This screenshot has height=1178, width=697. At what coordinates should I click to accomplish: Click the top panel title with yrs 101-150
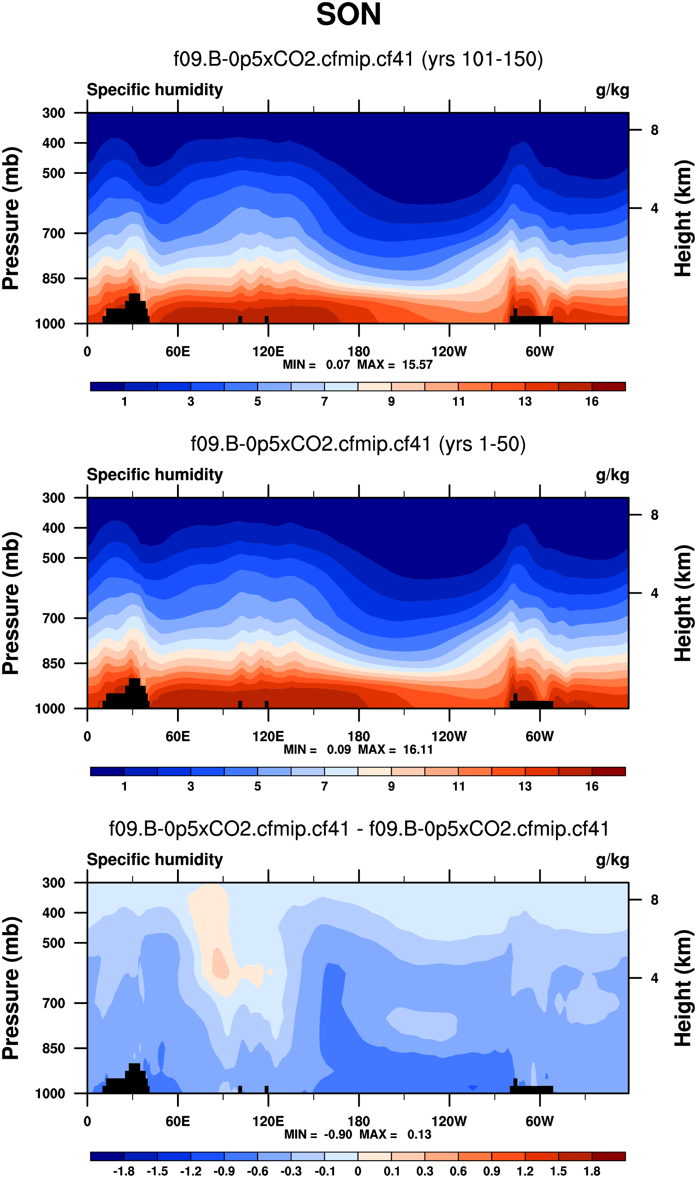358,59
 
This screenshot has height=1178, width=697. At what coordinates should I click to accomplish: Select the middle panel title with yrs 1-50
358,444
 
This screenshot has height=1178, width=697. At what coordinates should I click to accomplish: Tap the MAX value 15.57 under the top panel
417,365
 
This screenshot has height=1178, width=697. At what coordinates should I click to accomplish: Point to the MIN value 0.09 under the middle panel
339,750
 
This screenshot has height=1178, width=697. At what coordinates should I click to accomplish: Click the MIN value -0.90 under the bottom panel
338,1135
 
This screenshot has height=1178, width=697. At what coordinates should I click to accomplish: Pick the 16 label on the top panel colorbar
591,402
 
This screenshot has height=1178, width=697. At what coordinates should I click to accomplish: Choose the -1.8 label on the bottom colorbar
124,1171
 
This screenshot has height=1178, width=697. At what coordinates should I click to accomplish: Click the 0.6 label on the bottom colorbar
458,1171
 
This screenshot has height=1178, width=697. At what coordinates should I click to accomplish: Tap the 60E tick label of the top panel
177,352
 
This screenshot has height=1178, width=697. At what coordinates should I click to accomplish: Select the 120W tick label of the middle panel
449,736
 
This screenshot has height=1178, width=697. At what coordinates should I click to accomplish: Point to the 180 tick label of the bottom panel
358,1122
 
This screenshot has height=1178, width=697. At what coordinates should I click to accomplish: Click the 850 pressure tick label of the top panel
53,279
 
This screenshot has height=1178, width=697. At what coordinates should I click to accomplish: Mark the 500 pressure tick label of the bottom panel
53,943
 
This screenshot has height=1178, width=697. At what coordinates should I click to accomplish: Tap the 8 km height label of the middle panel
654,515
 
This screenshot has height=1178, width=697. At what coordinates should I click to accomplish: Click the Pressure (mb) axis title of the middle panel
11,603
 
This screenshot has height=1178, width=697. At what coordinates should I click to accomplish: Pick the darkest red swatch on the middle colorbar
608,771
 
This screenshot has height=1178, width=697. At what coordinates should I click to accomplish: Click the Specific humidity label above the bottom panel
154,860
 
